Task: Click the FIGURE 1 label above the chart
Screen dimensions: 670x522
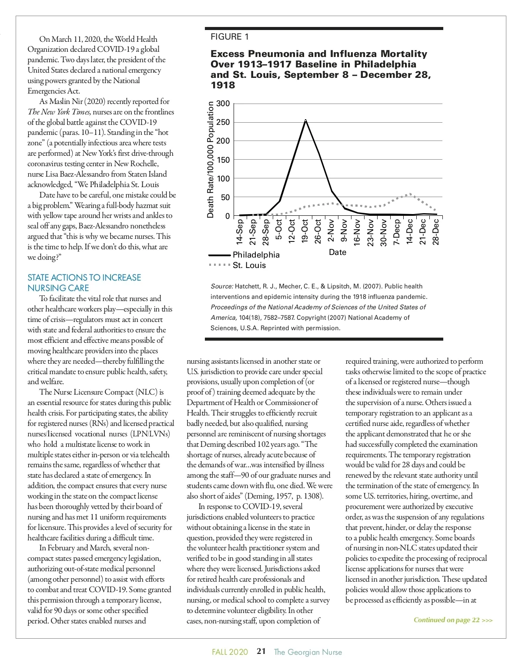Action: pos(230,37)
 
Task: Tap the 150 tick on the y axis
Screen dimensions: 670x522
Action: pos(223,160)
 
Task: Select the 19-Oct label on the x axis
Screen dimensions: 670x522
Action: pos(305,231)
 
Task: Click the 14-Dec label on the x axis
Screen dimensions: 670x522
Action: pos(409,231)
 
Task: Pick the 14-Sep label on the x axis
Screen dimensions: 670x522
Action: pos(239,231)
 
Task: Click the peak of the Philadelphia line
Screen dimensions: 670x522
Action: pos(305,120)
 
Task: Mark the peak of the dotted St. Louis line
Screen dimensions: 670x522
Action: pos(410,194)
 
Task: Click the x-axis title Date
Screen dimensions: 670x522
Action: pos(338,252)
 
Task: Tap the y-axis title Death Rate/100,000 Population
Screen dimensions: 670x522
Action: pos(211,160)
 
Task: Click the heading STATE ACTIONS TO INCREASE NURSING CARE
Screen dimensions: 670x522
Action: pos(84,283)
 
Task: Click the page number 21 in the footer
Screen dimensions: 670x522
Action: pos(261,651)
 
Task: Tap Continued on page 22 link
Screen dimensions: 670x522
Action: pos(453,620)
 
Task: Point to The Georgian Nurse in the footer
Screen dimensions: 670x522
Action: pos(308,652)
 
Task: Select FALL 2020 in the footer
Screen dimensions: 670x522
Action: pos(230,652)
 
